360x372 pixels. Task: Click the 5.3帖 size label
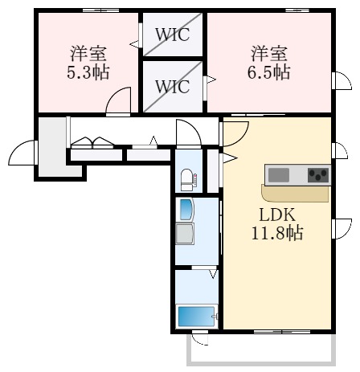(x=89, y=72)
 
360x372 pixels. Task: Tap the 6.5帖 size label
(x=269, y=72)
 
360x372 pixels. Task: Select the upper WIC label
(x=173, y=35)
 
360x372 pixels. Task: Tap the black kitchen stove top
(x=317, y=174)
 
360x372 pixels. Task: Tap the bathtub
(x=195, y=316)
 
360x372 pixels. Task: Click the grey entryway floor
(x=51, y=146)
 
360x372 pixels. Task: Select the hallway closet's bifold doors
(x=92, y=143)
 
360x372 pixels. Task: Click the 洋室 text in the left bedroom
(x=89, y=55)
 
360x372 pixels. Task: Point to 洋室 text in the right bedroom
(x=269, y=55)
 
